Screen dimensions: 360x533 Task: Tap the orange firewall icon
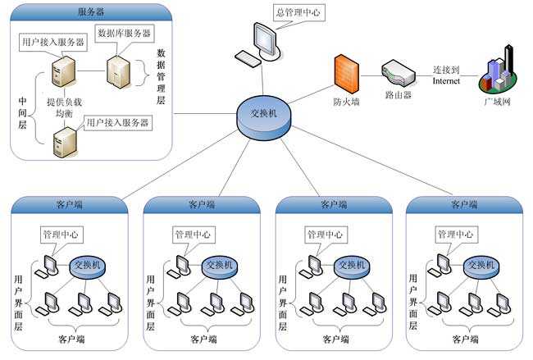click(x=345, y=74)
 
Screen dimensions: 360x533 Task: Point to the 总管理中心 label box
click(x=300, y=12)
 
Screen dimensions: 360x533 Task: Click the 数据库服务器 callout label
click(x=124, y=33)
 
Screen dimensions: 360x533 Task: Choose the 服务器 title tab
click(x=90, y=11)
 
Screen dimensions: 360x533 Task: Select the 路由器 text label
click(x=398, y=95)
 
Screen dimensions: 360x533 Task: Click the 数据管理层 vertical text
click(x=161, y=76)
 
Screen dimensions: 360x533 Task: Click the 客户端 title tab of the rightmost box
click(x=464, y=203)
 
